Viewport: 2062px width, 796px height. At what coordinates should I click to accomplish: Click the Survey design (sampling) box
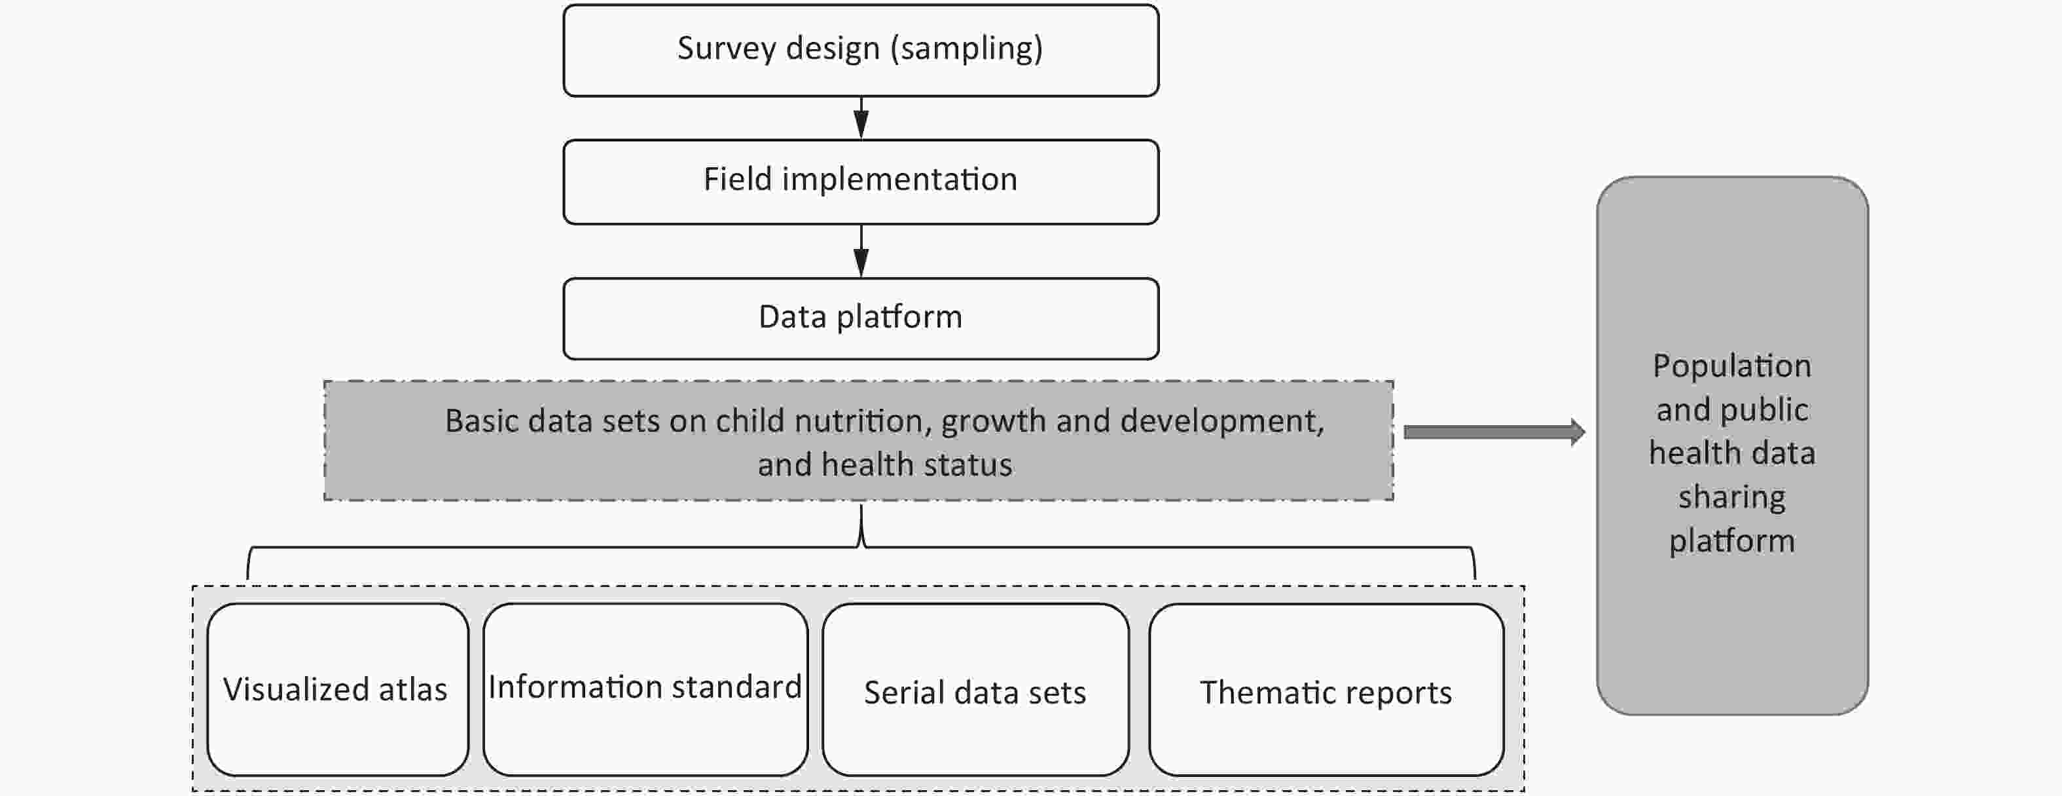coord(861,50)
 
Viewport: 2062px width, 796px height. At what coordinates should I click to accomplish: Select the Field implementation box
coord(861,181)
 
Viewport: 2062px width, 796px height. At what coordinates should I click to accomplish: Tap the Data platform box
coord(861,318)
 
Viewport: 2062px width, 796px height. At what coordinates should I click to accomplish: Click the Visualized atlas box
coord(338,689)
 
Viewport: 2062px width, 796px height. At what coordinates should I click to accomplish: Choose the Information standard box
coord(645,689)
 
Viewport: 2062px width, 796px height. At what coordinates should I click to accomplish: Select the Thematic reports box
coord(1326,689)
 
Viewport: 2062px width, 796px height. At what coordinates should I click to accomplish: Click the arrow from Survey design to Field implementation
coord(861,119)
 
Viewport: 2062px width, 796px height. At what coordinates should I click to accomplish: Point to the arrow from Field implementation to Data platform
coord(861,252)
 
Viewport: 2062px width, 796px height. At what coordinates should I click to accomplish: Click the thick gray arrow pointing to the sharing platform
coord(1494,432)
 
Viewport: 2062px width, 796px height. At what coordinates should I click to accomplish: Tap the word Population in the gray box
coord(1732,367)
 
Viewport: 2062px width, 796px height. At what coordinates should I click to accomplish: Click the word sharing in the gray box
coord(1732,498)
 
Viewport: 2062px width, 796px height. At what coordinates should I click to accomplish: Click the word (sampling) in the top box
coord(967,48)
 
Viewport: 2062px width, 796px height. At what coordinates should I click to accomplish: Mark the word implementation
coord(899,180)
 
